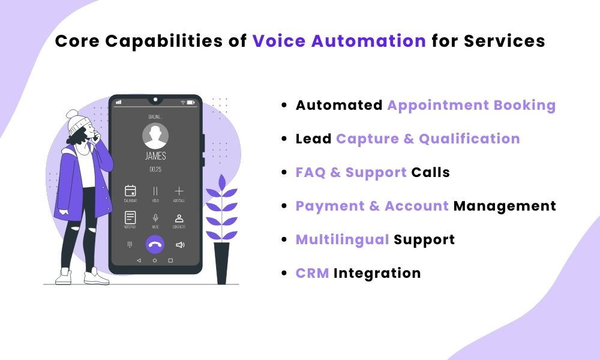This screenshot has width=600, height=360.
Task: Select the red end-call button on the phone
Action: pos(155,244)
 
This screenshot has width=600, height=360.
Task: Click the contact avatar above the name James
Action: pos(155,137)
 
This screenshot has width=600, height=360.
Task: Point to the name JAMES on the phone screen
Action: pos(155,157)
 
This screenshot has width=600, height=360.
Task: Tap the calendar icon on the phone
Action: pos(130,191)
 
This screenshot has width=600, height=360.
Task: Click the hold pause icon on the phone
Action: pos(155,191)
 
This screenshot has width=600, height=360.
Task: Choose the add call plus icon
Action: pos(179,191)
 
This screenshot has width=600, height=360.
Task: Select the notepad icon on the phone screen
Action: pos(130,217)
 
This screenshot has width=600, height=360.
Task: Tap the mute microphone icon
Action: pos(155,217)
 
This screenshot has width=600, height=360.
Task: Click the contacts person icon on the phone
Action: pos(179,217)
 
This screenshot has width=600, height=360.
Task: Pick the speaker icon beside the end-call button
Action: pos(179,245)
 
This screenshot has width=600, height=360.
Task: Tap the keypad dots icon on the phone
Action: pos(130,245)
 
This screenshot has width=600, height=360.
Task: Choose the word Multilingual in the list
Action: pos(342,239)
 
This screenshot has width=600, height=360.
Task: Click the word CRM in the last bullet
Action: pos(312,273)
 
